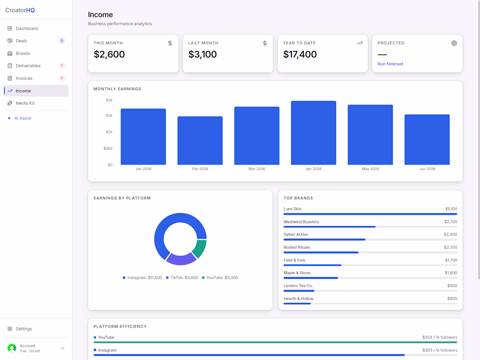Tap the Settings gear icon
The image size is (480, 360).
pyautogui.click(x=10, y=329)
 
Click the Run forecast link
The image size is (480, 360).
pyautogui.click(x=390, y=64)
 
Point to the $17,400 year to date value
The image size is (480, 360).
pyautogui.click(x=300, y=55)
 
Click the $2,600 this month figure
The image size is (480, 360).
pyautogui.click(x=109, y=55)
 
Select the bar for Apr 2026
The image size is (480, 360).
pyautogui.click(x=313, y=133)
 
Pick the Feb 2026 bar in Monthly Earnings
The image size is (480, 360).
pyautogui.click(x=200, y=141)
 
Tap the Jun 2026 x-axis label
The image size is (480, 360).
pyautogui.click(x=427, y=169)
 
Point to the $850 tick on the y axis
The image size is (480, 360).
pyautogui.click(x=108, y=148)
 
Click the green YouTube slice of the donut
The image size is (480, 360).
pyautogui.click(x=199, y=248)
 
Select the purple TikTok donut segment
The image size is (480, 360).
pyautogui.click(x=181, y=260)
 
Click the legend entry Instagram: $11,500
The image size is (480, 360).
pyautogui.click(x=142, y=278)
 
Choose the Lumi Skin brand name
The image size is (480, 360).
pyautogui.click(x=292, y=209)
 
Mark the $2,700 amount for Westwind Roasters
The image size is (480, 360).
pyautogui.click(x=451, y=222)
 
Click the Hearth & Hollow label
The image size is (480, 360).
pyautogui.click(x=298, y=298)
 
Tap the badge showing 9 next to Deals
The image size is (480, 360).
pyautogui.click(x=62, y=41)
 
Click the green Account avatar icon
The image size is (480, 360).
pyautogui.click(x=12, y=348)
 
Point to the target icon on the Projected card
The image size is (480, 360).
pyautogui.click(x=454, y=43)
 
